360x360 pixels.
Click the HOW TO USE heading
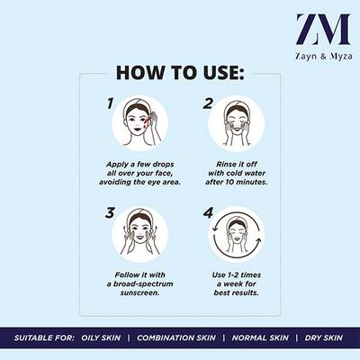coord(180,72)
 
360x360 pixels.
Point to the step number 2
coord(207,105)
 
